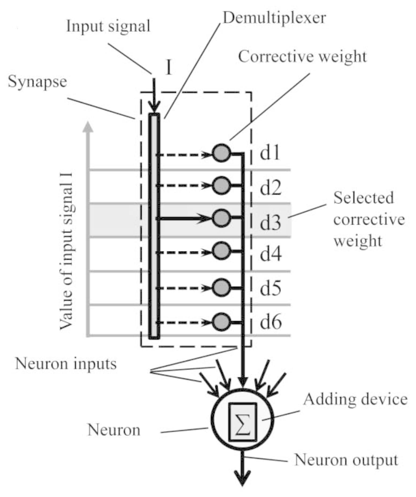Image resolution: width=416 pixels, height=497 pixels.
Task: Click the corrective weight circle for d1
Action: (x=221, y=153)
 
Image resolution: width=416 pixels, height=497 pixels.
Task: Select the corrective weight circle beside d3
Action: (x=221, y=218)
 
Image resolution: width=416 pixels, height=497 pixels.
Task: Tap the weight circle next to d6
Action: (x=221, y=322)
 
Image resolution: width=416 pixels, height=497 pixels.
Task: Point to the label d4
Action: (x=271, y=254)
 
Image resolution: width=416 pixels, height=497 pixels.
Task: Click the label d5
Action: (x=271, y=288)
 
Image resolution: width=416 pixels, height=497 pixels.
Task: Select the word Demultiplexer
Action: (x=274, y=18)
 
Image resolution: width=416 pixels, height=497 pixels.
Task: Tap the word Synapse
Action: (x=37, y=82)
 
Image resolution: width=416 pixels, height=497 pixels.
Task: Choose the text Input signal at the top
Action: (x=108, y=27)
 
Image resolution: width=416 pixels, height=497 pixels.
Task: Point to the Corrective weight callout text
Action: (x=302, y=57)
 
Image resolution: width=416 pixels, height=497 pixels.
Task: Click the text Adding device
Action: (x=355, y=399)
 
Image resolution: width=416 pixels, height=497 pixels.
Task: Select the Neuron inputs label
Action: (x=66, y=364)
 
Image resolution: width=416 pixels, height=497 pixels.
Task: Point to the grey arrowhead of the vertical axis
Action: (x=88, y=127)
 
